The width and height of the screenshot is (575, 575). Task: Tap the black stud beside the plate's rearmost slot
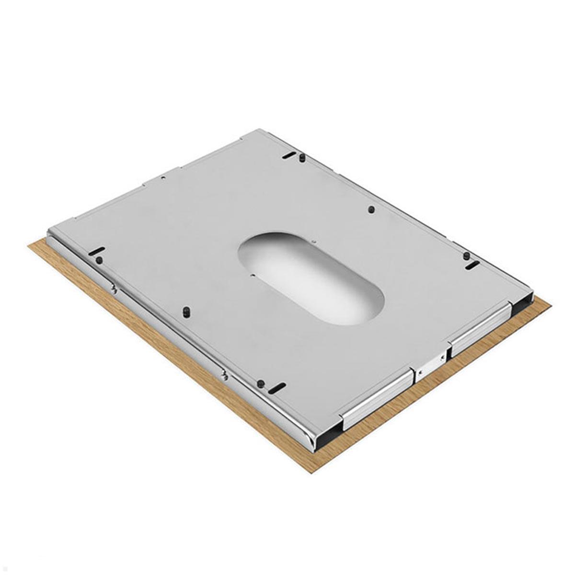click(302, 158)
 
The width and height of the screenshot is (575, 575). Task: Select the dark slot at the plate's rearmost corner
click(289, 155)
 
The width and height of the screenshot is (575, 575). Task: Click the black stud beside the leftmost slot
click(99, 260)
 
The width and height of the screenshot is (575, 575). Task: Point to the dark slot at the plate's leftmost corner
click(96, 251)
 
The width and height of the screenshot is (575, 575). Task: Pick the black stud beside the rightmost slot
click(466, 256)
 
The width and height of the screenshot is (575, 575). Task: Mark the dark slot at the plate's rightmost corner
click(472, 265)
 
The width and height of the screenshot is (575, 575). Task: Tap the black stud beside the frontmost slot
click(261, 383)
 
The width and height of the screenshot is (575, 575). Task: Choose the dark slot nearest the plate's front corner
click(277, 388)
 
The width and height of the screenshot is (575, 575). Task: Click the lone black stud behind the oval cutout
click(371, 209)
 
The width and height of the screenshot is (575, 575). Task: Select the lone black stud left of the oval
click(185, 312)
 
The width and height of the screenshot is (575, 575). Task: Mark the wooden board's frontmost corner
click(312, 472)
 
